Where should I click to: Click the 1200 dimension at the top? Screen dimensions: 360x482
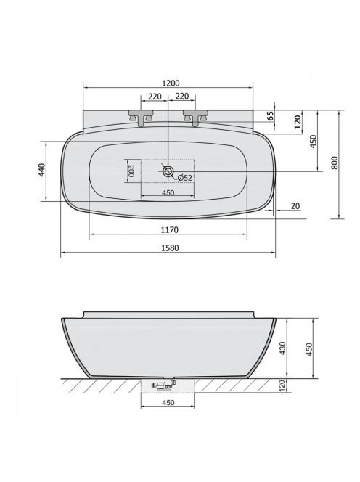coord(171,83)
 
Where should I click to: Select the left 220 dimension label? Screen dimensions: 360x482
coord(155,97)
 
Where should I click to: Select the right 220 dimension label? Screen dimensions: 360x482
coord(182,97)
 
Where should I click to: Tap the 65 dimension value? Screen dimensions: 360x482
coord(270,116)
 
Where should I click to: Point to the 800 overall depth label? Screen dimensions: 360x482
coord(335,163)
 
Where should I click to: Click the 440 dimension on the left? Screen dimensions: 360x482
coord(42,170)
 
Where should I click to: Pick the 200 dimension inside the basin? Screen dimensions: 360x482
coord(131,171)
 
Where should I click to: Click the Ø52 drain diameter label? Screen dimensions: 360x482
coord(185,177)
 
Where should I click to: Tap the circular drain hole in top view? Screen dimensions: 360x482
coord(168,171)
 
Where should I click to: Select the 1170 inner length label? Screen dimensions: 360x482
coord(170,229)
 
